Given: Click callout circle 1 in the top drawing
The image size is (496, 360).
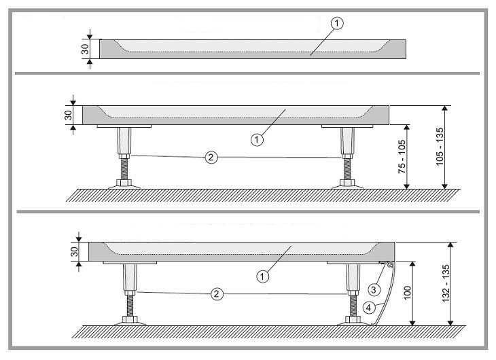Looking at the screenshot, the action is [x=337, y=23].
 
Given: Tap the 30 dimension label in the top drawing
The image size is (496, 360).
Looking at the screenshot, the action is [x=85, y=49].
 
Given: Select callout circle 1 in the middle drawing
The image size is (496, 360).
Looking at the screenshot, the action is [x=257, y=139].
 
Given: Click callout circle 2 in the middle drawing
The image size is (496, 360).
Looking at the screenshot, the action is [x=211, y=157].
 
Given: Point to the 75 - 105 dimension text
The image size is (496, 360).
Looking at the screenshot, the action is [x=402, y=157].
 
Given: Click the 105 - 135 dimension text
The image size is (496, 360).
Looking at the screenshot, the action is [x=440, y=147].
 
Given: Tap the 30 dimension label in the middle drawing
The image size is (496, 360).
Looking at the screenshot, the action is [x=68, y=115].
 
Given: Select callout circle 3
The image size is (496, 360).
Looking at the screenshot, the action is [x=374, y=289].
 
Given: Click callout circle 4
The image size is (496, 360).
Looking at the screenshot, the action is [x=368, y=308].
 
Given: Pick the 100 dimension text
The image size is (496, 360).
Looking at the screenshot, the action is [x=408, y=293].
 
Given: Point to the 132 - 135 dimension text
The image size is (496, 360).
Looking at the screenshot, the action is [x=446, y=283].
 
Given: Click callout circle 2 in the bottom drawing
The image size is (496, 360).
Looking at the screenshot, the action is [x=217, y=294].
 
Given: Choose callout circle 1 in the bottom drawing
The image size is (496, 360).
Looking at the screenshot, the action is [x=262, y=276].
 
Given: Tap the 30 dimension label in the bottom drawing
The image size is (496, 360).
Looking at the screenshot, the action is [x=74, y=252].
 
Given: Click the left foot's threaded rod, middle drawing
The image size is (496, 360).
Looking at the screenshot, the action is [x=124, y=169].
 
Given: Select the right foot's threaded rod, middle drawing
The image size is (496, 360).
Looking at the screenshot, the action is [x=347, y=169].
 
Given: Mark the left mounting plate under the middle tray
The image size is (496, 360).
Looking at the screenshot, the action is [x=124, y=126].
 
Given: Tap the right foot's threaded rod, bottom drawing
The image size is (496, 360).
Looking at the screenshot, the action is [x=353, y=306].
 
